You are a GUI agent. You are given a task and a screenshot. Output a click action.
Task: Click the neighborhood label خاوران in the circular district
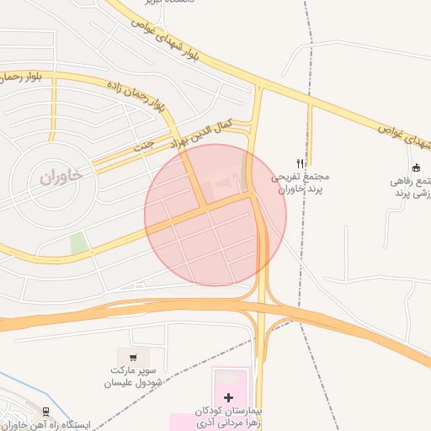(61, 177)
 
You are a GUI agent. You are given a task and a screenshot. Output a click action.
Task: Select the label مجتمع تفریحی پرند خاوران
(299, 184)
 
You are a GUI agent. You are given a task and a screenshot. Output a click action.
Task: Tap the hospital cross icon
(228, 396)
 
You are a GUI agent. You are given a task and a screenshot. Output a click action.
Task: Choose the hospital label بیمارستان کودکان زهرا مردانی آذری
(228, 415)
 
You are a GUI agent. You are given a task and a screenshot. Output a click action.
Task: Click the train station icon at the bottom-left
(45, 412)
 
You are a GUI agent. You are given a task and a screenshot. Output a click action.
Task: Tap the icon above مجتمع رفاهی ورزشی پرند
(415, 165)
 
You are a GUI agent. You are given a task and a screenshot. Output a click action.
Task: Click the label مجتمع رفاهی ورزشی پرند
(413, 188)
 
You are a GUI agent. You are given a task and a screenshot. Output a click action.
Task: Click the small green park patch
(78, 244)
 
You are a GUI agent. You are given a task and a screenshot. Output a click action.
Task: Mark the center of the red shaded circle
(215, 215)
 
